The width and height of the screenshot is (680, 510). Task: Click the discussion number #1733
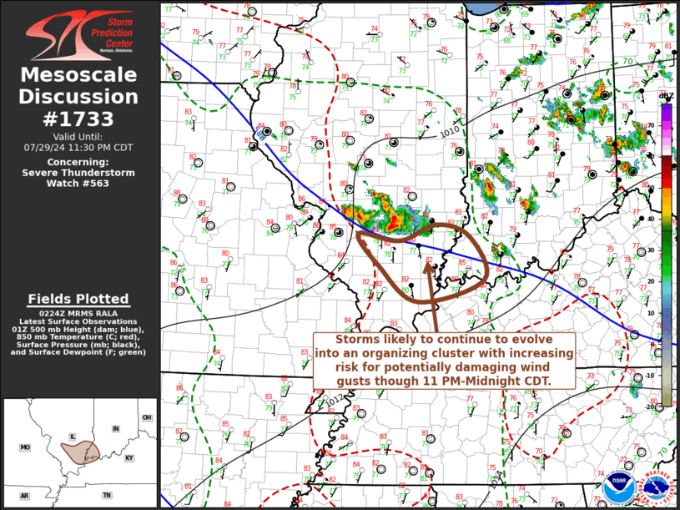[x=78, y=119]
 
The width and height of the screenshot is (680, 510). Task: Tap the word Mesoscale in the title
[x=78, y=76]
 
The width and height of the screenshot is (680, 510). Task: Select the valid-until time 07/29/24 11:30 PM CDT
[x=78, y=147]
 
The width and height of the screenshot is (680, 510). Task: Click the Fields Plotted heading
[x=78, y=299]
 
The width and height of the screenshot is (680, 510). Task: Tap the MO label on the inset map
[x=25, y=448]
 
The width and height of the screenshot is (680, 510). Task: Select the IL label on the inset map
[x=73, y=436]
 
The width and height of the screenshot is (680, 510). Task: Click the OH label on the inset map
[x=147, y=417]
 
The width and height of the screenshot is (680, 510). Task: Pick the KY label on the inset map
[x=128, y=458]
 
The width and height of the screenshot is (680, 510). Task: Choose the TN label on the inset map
[x=107, y=495]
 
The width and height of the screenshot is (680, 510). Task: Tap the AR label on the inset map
[x=24, y=496]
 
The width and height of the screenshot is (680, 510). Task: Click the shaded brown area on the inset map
[x=81, y=452]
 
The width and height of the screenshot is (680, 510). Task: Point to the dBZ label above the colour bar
[x=666, y=96]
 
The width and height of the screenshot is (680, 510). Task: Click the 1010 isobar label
[x=450, y=131]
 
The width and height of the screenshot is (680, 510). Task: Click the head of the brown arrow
[x=430, y=267]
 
